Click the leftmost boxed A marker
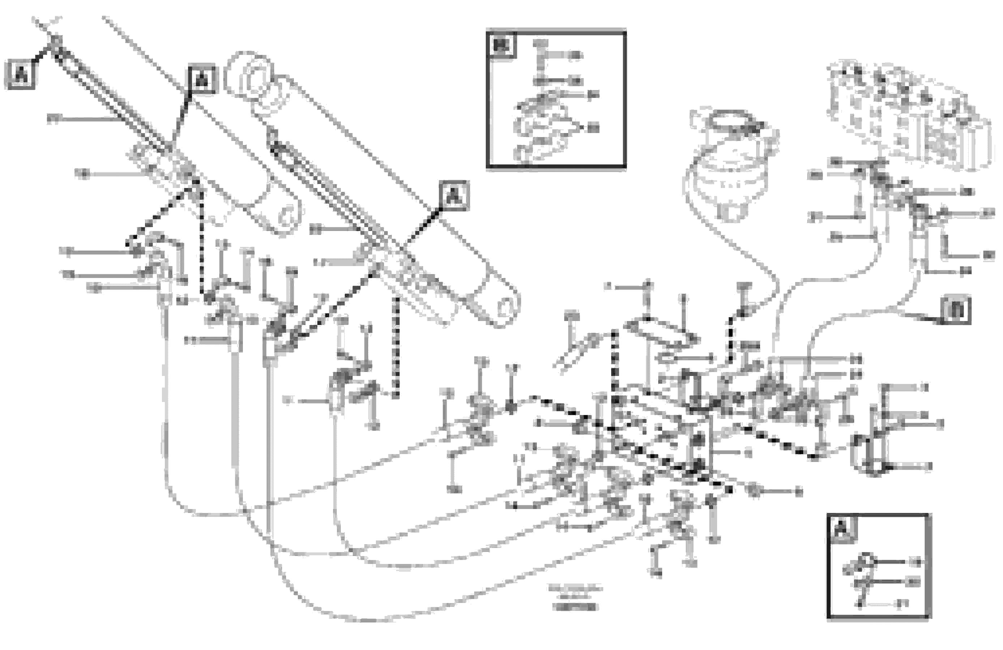[x=20, y=76]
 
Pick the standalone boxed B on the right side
[x=955, y=310]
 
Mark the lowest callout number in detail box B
[x=593, y=127]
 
